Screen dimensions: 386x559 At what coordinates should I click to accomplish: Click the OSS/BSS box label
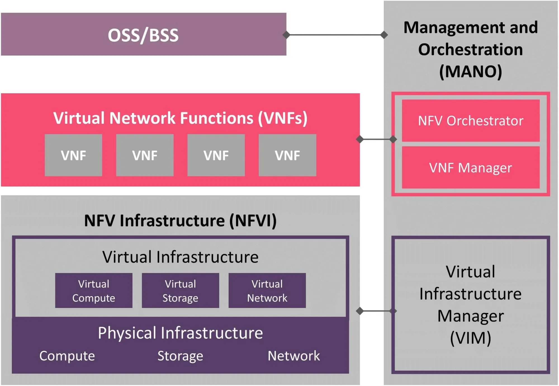pos(143,35)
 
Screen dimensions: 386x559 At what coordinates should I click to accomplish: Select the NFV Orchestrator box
pos(470,121)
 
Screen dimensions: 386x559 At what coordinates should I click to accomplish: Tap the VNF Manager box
pos(470,168)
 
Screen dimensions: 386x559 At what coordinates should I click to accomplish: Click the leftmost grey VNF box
pos(73,155)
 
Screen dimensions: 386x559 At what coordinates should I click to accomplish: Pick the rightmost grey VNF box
pos(287,155)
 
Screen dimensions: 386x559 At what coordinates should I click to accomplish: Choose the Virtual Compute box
pos(94,291)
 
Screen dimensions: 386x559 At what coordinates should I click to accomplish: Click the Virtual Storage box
pos(180,291)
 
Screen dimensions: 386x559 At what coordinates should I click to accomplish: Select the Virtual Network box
pos(267,291)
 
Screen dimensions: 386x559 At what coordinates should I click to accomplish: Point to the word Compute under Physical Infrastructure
pos(67,356)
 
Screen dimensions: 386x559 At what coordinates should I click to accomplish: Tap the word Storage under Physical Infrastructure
pos(180,356)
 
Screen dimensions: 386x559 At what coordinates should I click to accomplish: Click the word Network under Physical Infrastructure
pos(293,356)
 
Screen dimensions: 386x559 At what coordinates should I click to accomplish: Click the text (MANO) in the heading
pos(470,72)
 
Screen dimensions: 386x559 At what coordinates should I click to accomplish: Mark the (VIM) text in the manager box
pos(470,338)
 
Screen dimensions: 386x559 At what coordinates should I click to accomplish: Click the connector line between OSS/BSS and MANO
pos(335,35)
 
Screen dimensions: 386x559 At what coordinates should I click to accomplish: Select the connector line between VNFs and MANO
pos(376,139)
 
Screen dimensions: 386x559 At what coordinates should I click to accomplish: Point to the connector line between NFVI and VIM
pos(376,311)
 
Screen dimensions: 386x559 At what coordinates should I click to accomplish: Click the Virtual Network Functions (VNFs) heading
pos(180,118)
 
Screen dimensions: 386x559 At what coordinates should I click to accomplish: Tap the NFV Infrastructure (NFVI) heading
pos(180,221)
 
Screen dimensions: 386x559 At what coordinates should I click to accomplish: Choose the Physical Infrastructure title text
pos(180,333)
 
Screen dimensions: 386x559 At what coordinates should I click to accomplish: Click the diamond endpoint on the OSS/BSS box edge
pos(286,35)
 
